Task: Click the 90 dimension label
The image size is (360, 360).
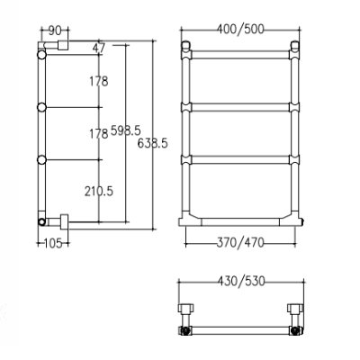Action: click(x=55, y=31)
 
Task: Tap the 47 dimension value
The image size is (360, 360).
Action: click(x=99, y=49)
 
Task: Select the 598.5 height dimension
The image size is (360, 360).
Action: click(x=126, y=130)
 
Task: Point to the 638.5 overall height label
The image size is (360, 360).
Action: click(x=152, y=144)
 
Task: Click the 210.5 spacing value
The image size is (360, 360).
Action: click(x=99, y=191)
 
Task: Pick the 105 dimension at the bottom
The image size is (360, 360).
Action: click(x=53, y=243)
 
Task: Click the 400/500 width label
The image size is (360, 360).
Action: click(x=240, y=30)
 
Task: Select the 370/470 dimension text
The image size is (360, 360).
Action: click(x=240, y=242)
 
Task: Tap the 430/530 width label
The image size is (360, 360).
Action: click(x=241, y=282)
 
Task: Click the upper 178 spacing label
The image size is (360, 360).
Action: click(x=99, y=81)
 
